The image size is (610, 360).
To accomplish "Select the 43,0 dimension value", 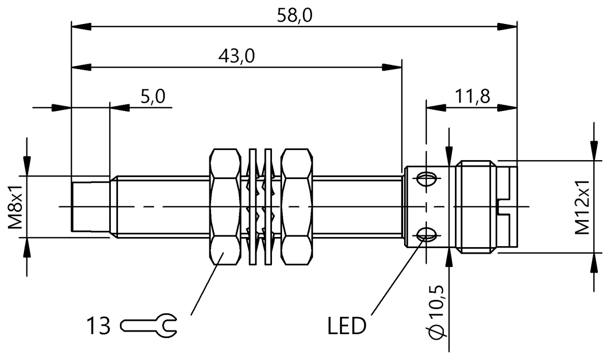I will tap(235, 56).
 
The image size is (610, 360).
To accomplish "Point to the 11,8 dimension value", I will tap(472, 97).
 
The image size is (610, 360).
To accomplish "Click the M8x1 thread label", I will tap(17, 206).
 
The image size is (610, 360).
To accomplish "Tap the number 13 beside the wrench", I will tap(98, 326).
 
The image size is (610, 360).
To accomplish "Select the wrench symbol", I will tap(148, 326).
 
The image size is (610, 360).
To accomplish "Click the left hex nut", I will tap(225, 206).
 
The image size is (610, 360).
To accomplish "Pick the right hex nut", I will tap(296, 206).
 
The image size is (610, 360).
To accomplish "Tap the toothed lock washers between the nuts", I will tap(260, 206).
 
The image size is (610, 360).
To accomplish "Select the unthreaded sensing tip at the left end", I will tap(90, 206).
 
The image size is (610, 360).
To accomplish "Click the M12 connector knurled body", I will tap(475, 206).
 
